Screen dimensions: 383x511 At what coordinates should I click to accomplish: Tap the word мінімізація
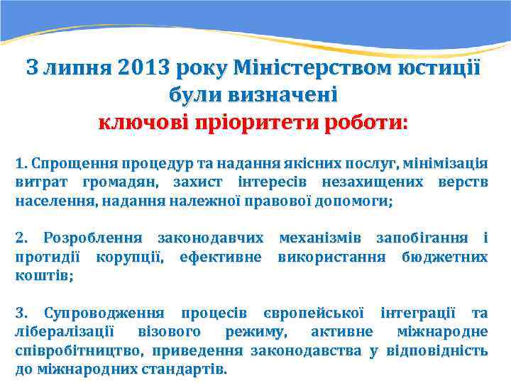[x=446, y=164]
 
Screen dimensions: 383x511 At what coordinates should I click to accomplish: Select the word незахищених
[x=368, y=182]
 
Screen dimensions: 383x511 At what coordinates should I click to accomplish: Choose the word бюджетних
[x=444, y=255]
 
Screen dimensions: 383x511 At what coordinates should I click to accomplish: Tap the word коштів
[x=43, y=274]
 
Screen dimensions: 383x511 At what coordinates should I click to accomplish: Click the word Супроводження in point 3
[x=104, y=313]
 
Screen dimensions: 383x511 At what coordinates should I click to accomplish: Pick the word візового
[x=169, y=331]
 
